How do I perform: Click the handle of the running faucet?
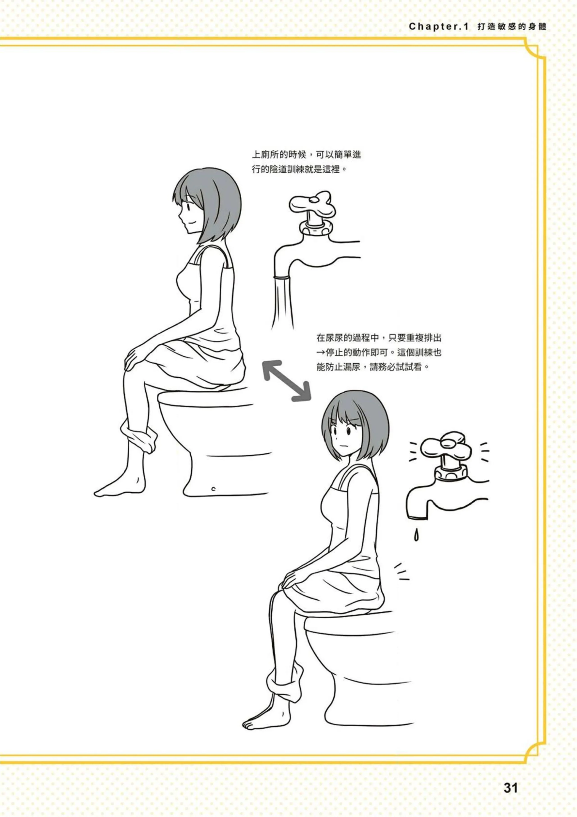tap(312, 205)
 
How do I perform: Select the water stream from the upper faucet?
tap(283, 303)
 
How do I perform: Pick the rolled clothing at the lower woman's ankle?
tap(285, 685)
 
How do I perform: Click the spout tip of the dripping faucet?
tap(416, 516)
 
